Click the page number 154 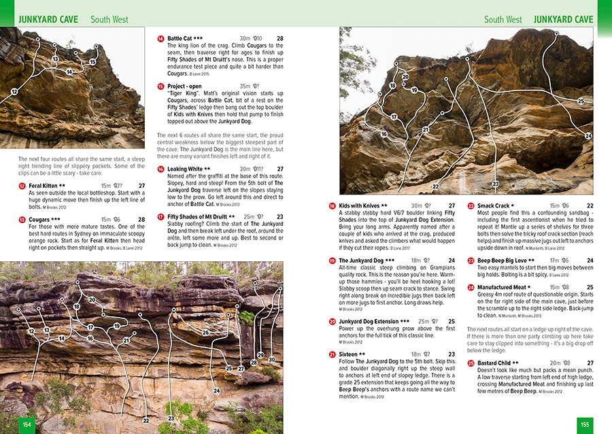pos(27,424)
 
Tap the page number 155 pos(584,424)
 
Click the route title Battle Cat pos(180,39)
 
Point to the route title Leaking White pos(185,169)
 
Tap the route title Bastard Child pos(498,363)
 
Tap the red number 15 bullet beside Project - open pos(160,86)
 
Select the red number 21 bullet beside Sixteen pos(332,354)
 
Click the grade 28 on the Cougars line pos(141,220)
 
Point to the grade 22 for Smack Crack pos(590,205)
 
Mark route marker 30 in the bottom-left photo pos(272,359)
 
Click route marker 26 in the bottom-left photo pos(205,333)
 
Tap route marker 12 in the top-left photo pos(14,92)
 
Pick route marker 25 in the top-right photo pos(581,101)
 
